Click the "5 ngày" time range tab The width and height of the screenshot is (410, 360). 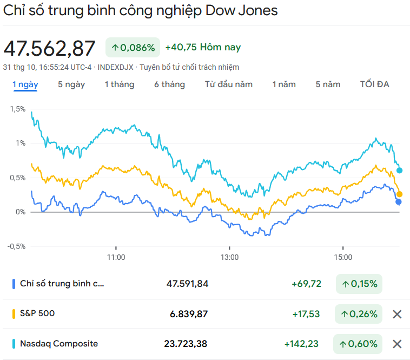pos(71,84)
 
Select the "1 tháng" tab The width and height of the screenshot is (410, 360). pos(120,84)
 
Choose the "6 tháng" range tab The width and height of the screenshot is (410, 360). pos(169,84)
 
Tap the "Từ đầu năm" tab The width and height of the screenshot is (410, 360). pos(229,84)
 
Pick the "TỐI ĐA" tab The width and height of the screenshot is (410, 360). pos(375,84)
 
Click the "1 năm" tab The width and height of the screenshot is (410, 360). pos(284,84)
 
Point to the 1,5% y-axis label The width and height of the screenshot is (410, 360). pos(17,109)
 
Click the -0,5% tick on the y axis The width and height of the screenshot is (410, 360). pos(16,246)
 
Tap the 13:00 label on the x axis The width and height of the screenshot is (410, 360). pos(230,257)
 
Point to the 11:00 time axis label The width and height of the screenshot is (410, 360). pos(116,257)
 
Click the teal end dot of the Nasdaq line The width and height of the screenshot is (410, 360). pos(400,171)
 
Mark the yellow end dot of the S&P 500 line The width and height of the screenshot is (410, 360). pos(400,194)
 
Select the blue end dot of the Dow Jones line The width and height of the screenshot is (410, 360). pos(399,202)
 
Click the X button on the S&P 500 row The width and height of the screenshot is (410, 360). pos(397,314)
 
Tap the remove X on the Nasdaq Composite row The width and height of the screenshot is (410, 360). pos(397,344)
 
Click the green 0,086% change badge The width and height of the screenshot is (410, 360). pos(133,48)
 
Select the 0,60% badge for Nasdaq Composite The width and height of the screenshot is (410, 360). pos(359,344)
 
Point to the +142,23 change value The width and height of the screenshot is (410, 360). pos(302,344)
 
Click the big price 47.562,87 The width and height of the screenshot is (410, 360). pos(50,48)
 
